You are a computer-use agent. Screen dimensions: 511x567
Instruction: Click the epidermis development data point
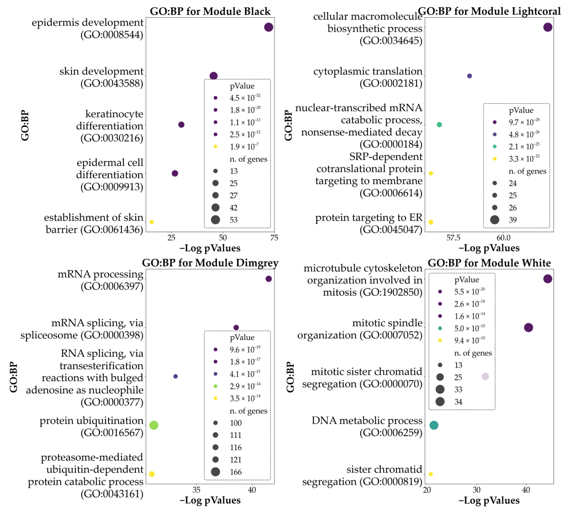tap(268, 27)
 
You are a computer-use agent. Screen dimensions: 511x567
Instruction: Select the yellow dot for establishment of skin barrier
tap(152, 222)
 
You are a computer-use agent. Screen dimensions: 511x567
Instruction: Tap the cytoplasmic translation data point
tap(469, 76)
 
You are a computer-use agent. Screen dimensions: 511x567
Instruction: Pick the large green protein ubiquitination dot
tap(154, 425)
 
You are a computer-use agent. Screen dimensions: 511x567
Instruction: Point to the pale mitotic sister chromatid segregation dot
tap(485, 376)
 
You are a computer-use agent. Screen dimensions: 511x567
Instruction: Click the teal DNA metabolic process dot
tap(434, 425)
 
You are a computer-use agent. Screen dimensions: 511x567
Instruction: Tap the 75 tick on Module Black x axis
tap(274, 238)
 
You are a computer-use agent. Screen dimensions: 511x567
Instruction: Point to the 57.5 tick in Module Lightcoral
tap(453, 238)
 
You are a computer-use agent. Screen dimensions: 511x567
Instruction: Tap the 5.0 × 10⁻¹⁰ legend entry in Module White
tap(469, 328)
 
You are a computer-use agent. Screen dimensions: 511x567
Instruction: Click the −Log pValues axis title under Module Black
tap(210, 248)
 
